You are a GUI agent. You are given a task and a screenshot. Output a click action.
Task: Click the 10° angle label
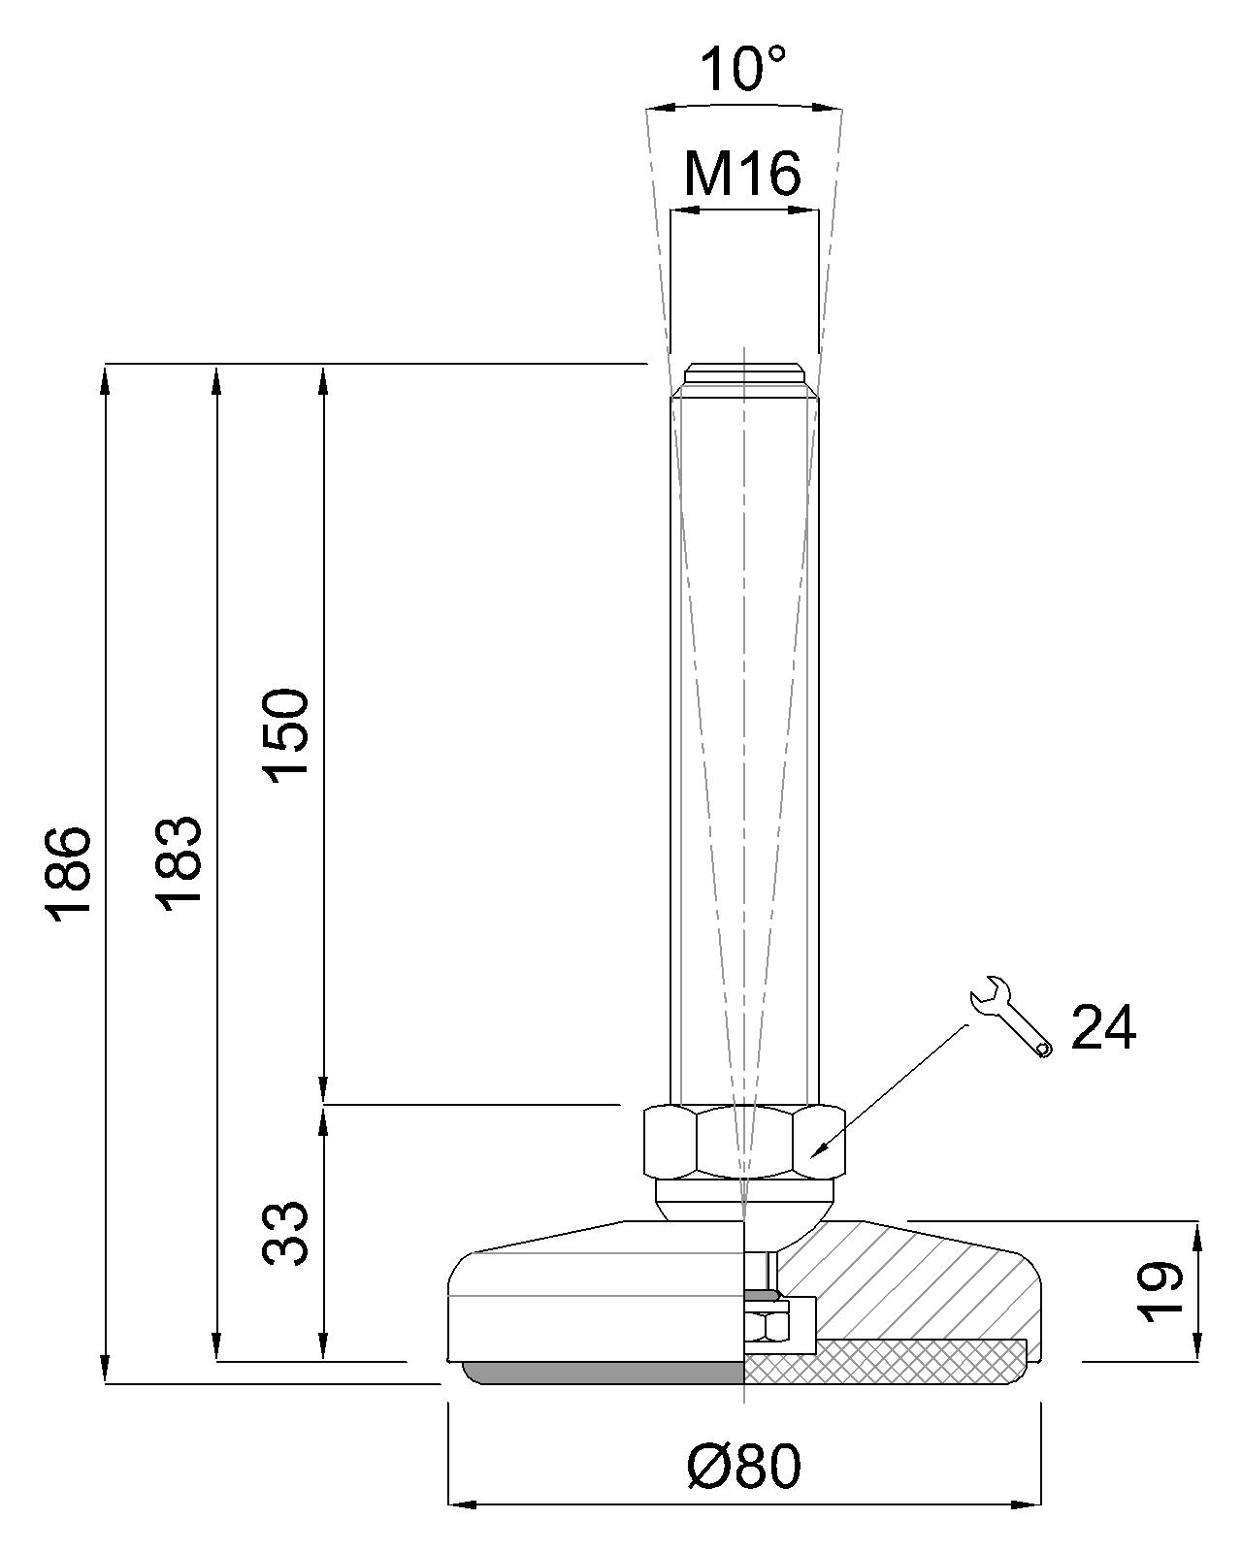742,69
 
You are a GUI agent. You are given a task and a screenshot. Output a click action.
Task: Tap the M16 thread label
742,174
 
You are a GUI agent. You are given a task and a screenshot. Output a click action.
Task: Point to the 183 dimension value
178,864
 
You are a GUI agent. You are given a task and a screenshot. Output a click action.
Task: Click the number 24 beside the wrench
1103,1027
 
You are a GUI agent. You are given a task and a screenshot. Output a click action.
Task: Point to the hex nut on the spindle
744,1142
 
